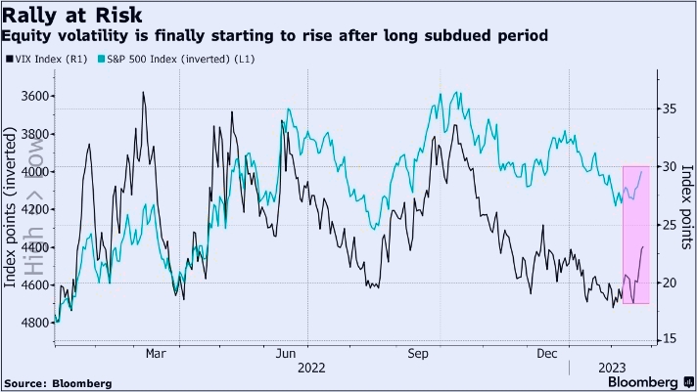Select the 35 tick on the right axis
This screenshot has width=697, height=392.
click(x=667, y=109)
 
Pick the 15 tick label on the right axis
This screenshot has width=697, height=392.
click(x=667, y=339)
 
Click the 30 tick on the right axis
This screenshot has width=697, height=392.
click(x=667, y=166)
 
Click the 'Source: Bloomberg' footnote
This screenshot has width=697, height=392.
click(x=58, y=382)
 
